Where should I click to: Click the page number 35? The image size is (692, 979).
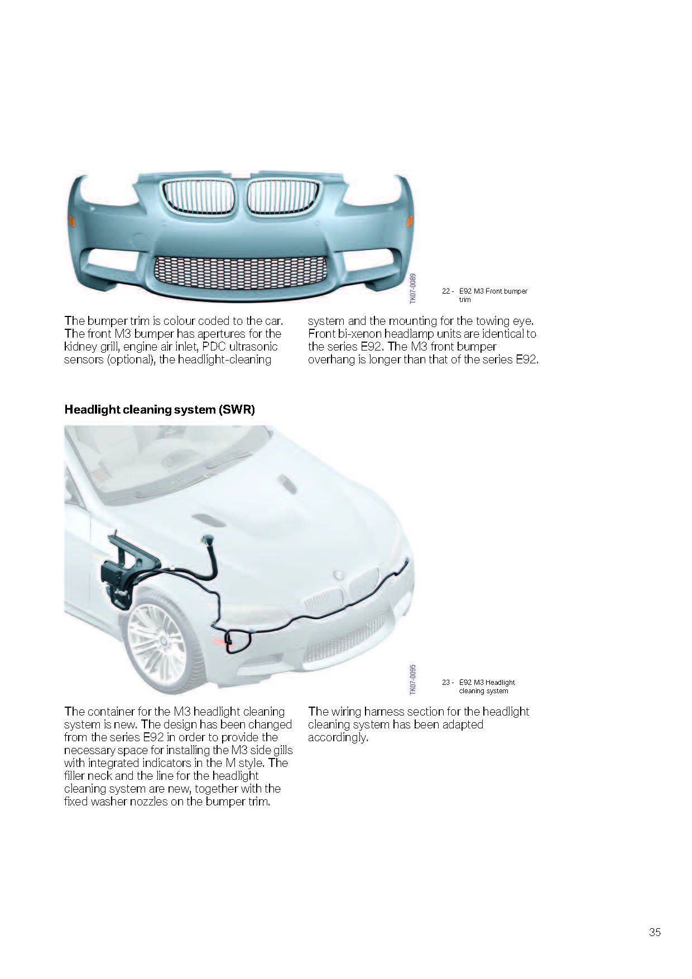pyautogui.click(x=655, y=932)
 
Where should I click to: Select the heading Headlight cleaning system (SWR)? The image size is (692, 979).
pyautogui.click(x=160, y=409)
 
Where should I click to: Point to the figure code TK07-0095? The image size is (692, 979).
pyautogui.click(x=413, y=679)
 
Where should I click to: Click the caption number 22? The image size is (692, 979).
pyautogui.click(x=446, y=291)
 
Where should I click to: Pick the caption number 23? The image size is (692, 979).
pyautogui.click(x=446, y=682)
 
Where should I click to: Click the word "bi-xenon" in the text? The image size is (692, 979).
pyautogui.click(x=359, y=334)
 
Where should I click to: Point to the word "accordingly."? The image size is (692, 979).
pyautogui.click(x=338, y=737)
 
